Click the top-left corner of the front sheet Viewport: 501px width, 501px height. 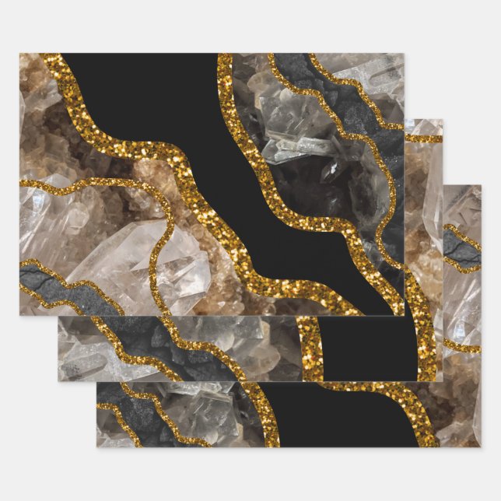click(x=20, y=54)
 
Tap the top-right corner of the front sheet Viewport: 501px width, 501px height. click(x=405, y=54)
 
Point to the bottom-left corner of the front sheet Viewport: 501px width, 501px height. click(x=20, y=315)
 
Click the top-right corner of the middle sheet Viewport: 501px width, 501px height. click(x=443, y=120)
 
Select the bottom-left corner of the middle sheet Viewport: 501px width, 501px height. click(x=58, y=381)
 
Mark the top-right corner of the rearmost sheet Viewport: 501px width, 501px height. click(x=481, y=185)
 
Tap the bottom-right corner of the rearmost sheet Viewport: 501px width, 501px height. click(x=481, y=447)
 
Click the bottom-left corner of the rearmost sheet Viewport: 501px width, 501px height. click(x=97, y=447)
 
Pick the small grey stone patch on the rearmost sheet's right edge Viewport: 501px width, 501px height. click(x=461, y=251)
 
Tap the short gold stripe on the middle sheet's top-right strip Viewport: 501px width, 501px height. click(x=424, y=138)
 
